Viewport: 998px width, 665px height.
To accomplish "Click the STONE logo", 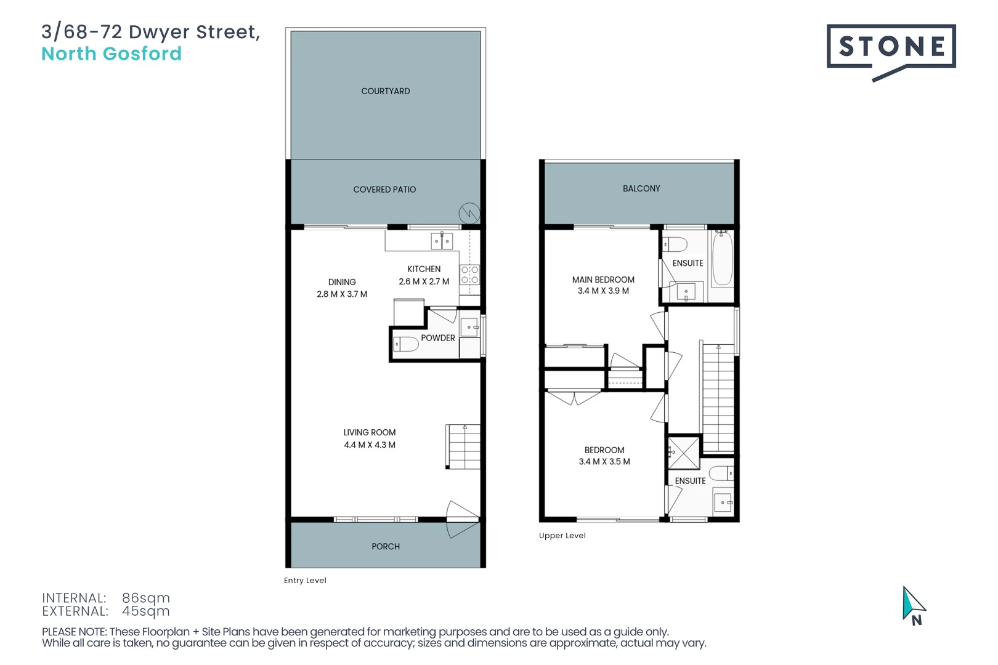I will tap(891, 47).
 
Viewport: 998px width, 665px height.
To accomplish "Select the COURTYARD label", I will tap(386, 91).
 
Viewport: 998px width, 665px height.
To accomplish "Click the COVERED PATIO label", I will tap(384, 190).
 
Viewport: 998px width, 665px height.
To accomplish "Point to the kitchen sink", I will tap(442, 241).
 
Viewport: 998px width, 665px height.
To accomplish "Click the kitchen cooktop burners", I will tap(469, 275).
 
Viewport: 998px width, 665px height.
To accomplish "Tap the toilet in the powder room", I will tap(405, 344).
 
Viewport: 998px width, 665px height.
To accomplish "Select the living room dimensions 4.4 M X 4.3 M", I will tap(370, 445).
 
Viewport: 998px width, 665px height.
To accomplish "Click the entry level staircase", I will tap(464, 447).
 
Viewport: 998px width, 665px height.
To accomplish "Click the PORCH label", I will tap(386, 547).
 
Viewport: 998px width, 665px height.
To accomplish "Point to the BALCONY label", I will tap(641, 188).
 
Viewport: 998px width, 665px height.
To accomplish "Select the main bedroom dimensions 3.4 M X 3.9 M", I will tap(603, 291).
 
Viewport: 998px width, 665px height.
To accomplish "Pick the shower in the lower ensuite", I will tap(684, 453).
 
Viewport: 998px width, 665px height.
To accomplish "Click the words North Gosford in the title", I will tap(112, 54).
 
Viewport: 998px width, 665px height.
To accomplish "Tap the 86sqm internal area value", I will tap(146, 598).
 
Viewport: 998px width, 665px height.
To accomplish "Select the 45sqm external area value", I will tap(146, 611).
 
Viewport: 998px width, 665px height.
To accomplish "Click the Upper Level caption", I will tap(562, 536).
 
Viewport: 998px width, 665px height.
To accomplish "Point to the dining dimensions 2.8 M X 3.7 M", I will tap(342, 294).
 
